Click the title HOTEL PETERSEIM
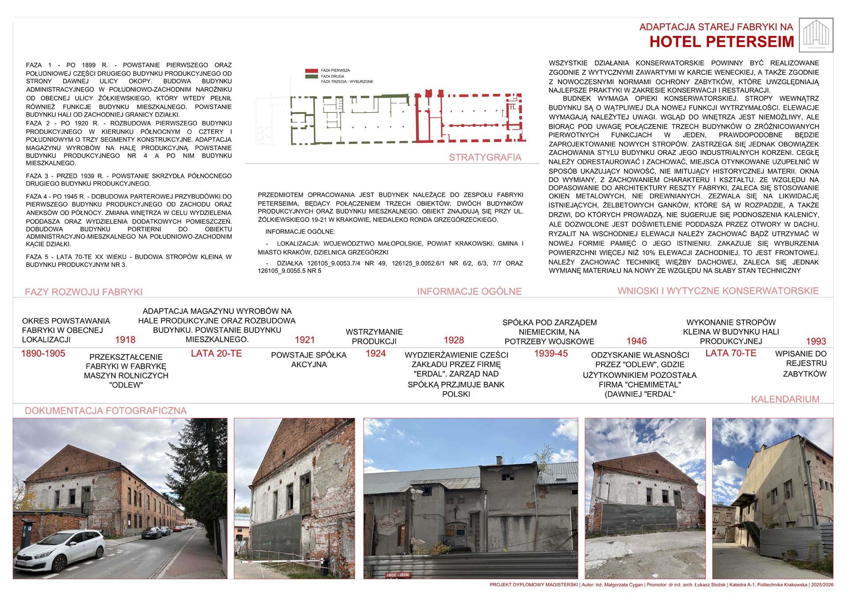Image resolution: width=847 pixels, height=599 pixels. [722, 42]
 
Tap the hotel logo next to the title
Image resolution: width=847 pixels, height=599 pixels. [816, 35]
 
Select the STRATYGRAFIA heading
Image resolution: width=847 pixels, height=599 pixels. [485, 158]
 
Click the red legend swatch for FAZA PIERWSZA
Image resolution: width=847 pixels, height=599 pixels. [311, 71]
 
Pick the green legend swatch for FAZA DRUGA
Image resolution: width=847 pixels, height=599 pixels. [311, 76]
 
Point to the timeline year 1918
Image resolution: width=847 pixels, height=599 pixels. [125, 340]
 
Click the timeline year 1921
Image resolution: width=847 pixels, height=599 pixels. [305, 340]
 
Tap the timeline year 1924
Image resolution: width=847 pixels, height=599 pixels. [375, 354]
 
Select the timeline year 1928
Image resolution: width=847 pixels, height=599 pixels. [454, 340]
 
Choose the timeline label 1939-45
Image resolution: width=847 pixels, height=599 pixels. [551, 354]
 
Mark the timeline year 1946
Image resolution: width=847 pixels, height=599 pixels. [637, 341]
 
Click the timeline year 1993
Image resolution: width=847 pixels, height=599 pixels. [816, 341]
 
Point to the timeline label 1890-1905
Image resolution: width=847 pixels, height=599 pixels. [43, 354]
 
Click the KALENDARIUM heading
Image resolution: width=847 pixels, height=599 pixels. [785, 399]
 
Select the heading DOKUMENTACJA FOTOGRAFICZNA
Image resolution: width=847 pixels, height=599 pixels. [105, 411]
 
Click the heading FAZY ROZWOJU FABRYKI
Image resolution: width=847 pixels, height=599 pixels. [83, 292]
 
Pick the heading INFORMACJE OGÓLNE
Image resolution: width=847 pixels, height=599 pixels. [469, 291]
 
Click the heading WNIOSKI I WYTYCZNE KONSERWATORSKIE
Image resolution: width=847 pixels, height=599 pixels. [718, 291]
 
